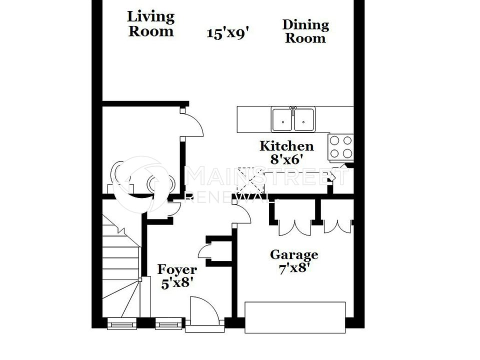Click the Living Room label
tap(150, 23)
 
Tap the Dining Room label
tap(305, 31)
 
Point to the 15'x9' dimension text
tap(227, 33)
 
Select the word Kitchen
tap(286, 146)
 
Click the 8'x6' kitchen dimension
tap(286, 160)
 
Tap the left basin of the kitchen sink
tap(283, 119)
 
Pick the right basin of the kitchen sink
tap(304, 119)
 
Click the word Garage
tap(294, 255)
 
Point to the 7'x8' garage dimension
tap(294, 268)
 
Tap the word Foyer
tap(177, 270)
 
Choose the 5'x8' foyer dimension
tap(177, 283)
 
